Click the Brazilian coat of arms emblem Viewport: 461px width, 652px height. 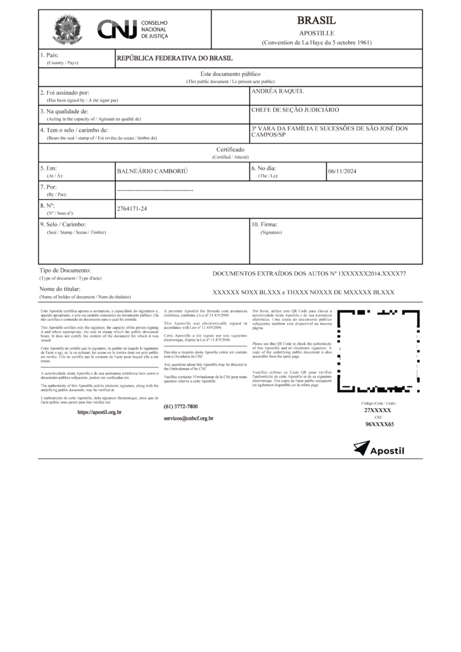pyautogui.click(x=66, y=29)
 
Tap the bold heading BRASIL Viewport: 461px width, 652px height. pyautogui.click(x=316, y=20)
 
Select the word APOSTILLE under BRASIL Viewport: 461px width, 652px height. pyautogui.click(x=316, y=32)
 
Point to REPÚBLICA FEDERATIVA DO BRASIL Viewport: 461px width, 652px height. pyautogui.click(x=174, y=59)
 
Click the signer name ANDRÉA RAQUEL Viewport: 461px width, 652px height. pyautogui.click(x=278, y=92)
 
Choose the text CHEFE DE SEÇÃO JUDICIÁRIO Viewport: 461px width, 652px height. pyautogui.click(x=295, y=110)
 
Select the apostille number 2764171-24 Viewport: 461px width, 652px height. pyautogui.click(x=132, y=208)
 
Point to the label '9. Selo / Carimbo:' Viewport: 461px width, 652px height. pyautogui.click(x=62, y=225)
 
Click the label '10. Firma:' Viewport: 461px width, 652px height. pyautogui.click(x=265, y=225)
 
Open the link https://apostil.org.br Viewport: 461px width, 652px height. pyautogui.click(x=99, y=413)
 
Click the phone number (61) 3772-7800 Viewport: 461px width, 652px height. pyautogui.click(x=181, y=406)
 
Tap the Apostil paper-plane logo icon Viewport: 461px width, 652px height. pyautogui.click(x=361, y=449)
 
